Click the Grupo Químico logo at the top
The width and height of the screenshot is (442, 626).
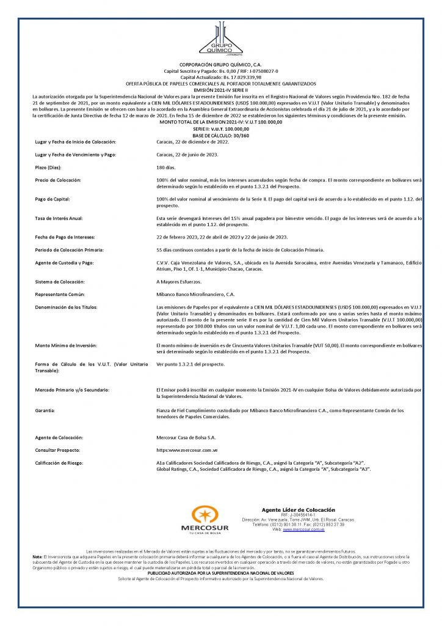coord(220,39)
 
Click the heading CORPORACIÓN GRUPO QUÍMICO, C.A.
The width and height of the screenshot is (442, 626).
coord(220,64)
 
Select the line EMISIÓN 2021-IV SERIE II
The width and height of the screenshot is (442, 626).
coord(220,90)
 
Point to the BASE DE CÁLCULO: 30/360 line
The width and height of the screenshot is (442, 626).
coord(220,135)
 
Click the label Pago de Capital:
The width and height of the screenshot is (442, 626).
coord(53,199)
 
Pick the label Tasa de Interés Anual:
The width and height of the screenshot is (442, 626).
coord(59,218)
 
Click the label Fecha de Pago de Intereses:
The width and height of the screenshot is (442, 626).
coord(64,237)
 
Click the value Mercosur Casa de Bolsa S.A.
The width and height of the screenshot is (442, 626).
coord(186,437)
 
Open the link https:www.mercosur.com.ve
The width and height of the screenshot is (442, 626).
coord(187,450)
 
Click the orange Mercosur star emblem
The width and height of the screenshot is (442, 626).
coord(205,515)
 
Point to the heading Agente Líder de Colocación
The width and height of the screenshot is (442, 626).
coord(298,510)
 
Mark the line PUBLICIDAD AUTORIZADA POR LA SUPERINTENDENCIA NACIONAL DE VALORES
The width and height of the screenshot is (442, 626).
coord(221,573)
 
